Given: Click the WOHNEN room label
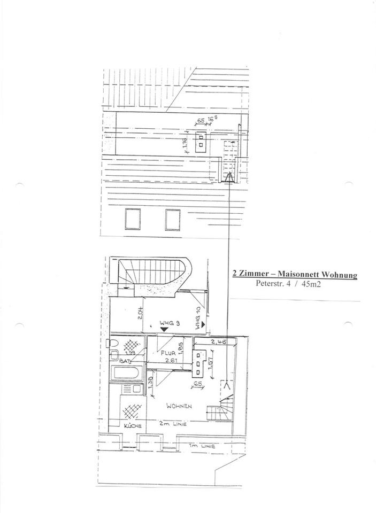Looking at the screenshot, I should coord(178,406).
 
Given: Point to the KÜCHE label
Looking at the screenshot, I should coord(132,426).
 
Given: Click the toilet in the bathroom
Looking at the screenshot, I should coord(114,353).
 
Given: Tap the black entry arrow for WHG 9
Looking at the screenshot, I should coord(164,330).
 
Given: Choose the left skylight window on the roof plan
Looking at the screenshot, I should coord(132,219).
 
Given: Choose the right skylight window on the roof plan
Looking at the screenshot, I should coord(172,219).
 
